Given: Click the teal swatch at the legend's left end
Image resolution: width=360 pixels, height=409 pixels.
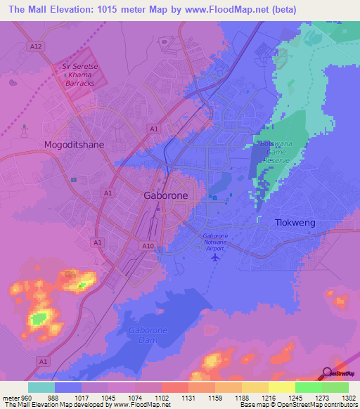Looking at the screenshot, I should point(41,387).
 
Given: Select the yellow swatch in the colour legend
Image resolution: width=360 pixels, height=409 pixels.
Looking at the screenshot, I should point(281,387).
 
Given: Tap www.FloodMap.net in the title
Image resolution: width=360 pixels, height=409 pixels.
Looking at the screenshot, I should point(238,9).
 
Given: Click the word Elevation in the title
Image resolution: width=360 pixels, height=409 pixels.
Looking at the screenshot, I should point(74,9).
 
